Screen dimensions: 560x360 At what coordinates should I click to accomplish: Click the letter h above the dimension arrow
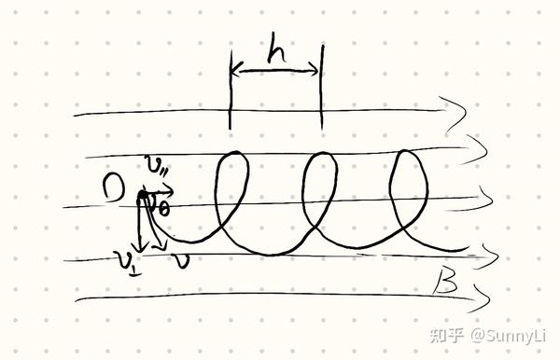click(275, 54)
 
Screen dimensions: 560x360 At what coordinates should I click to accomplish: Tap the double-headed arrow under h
click(275, 72)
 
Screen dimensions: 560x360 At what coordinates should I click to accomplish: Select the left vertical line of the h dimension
click(231, 91)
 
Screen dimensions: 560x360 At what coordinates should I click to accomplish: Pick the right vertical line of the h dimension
click(321, 91)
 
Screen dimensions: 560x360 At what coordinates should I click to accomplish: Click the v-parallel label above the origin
click(156, 167)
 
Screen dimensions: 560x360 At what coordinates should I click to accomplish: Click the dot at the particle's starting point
click(142, 196)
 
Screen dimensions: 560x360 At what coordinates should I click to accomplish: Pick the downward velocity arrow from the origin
click(141, 224)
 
